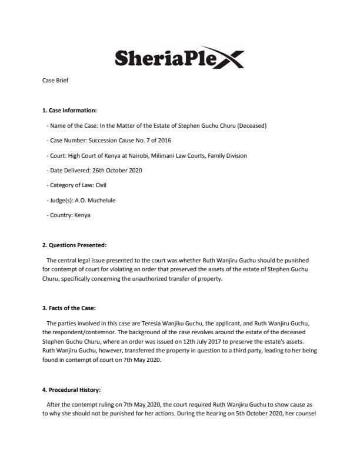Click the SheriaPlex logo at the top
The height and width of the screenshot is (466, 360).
click(x=180, y=58)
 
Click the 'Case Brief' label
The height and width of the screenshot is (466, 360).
click(x=55, y=80)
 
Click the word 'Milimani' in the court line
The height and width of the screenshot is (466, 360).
click(x=169, y=155)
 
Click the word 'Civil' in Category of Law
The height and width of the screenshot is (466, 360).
click(x=98, y=185)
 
